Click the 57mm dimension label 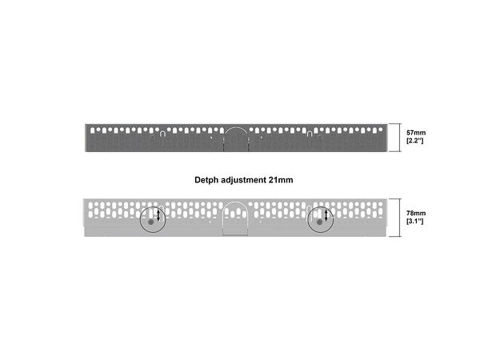coord(415,131)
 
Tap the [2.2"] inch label coord(415,141)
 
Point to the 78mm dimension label coord(415,214)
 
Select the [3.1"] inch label coord(415,223)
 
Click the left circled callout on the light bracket coord(152,218)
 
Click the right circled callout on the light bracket coord(321,218)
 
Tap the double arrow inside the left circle coord(158,216)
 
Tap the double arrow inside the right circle coord(327,216)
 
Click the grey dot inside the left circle coord(150,222)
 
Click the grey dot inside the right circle coord(319,222)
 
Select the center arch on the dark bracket coord(236,137)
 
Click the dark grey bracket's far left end coord(89,137)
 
